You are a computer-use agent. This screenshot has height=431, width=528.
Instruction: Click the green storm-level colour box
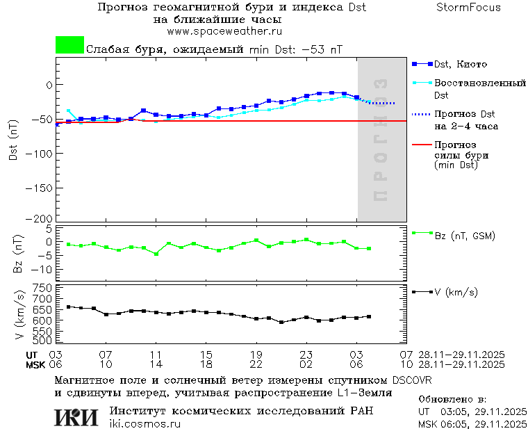[x=69, y=45]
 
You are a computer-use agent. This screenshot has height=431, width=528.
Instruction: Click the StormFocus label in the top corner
[x=468, y=8]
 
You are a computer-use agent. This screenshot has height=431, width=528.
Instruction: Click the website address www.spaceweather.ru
[x=224, y=31]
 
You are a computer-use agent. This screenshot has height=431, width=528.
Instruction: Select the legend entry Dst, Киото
[x=460, y=65]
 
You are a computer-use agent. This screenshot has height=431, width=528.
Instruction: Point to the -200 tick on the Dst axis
[x=43, y=218]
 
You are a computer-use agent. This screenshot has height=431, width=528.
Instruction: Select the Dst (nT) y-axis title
[x=13, y=144]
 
